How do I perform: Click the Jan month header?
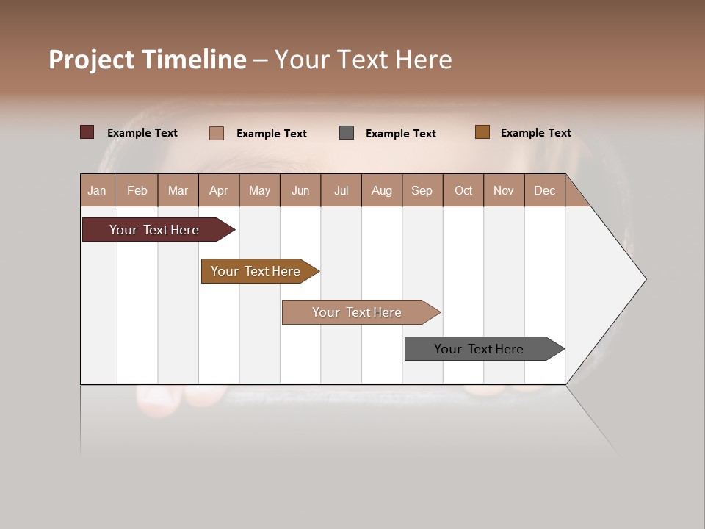coord(98,190)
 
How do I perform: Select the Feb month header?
coord(137,190)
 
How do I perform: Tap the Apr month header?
coord(219,190)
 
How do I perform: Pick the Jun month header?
coord(300,190)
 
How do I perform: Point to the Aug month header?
coord(382,190)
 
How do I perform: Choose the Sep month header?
coord(422,190)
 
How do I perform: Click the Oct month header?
coord(463,190)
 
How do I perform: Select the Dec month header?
coord(545,190)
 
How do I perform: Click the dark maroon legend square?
coord(87,132)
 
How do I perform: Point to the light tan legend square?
coord(217,133)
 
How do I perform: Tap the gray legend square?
coord(347,132)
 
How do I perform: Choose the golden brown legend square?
coord(482,132)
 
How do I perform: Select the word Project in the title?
coord(92,60)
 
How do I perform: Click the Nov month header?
coord(504,190)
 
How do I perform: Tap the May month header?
coord(259,190)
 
